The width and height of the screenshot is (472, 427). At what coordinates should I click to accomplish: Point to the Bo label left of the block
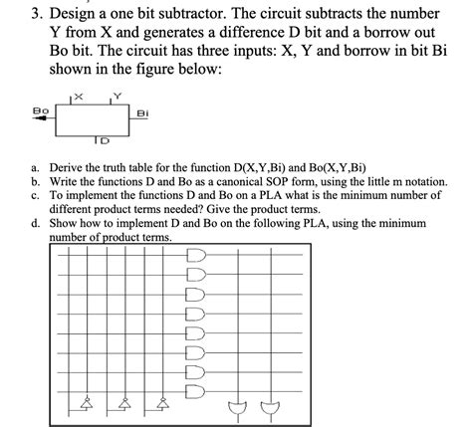point(40,109)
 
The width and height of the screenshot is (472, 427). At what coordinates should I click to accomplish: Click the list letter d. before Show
point(36,225)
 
